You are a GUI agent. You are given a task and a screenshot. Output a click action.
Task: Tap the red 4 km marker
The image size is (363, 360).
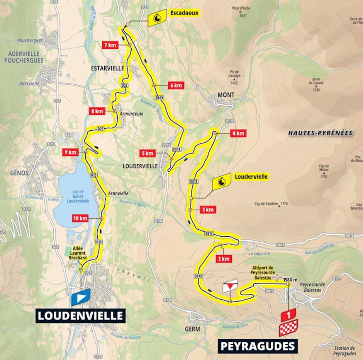pyautogui.click(x=237, y=133)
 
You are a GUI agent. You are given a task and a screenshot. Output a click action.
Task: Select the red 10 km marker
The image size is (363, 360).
pyautogui.click(x=80, y=218)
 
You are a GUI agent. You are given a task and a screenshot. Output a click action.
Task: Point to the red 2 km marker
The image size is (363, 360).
pyautogui.click(x=224, y=258)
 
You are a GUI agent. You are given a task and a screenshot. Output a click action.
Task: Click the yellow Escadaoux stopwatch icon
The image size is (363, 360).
pyautogui.click(x=157, y=18)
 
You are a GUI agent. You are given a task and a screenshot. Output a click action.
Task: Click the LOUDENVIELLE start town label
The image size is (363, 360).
pyautogui.click(x=81, y=315)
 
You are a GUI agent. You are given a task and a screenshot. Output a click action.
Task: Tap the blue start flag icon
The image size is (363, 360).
pyautogui.click(x=81, y=297)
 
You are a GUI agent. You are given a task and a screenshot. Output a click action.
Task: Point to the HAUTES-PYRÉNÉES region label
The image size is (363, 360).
pyautogui.click(x=320, y=133)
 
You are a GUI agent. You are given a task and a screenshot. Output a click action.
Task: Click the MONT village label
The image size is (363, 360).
pyautogui.click(x=226, y=95)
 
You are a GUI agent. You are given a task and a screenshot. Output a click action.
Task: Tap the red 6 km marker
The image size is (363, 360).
pyautogui.click(x=175, y=85)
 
